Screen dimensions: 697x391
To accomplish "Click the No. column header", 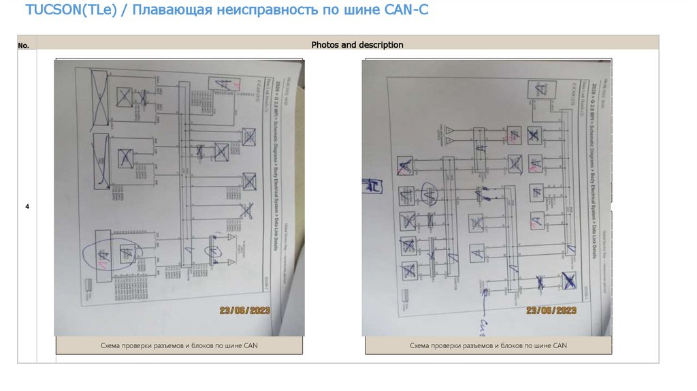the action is coord(24,46).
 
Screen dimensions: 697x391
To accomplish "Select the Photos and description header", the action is coord(357,45).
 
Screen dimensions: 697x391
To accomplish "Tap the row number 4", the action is coord(27,206).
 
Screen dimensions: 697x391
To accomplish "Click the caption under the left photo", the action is coord(179,346).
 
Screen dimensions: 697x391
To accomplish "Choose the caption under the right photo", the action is coord(488,346).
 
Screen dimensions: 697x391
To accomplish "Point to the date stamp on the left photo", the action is coord(245,311).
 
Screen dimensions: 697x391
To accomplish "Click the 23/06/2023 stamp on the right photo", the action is coord(550,311).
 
